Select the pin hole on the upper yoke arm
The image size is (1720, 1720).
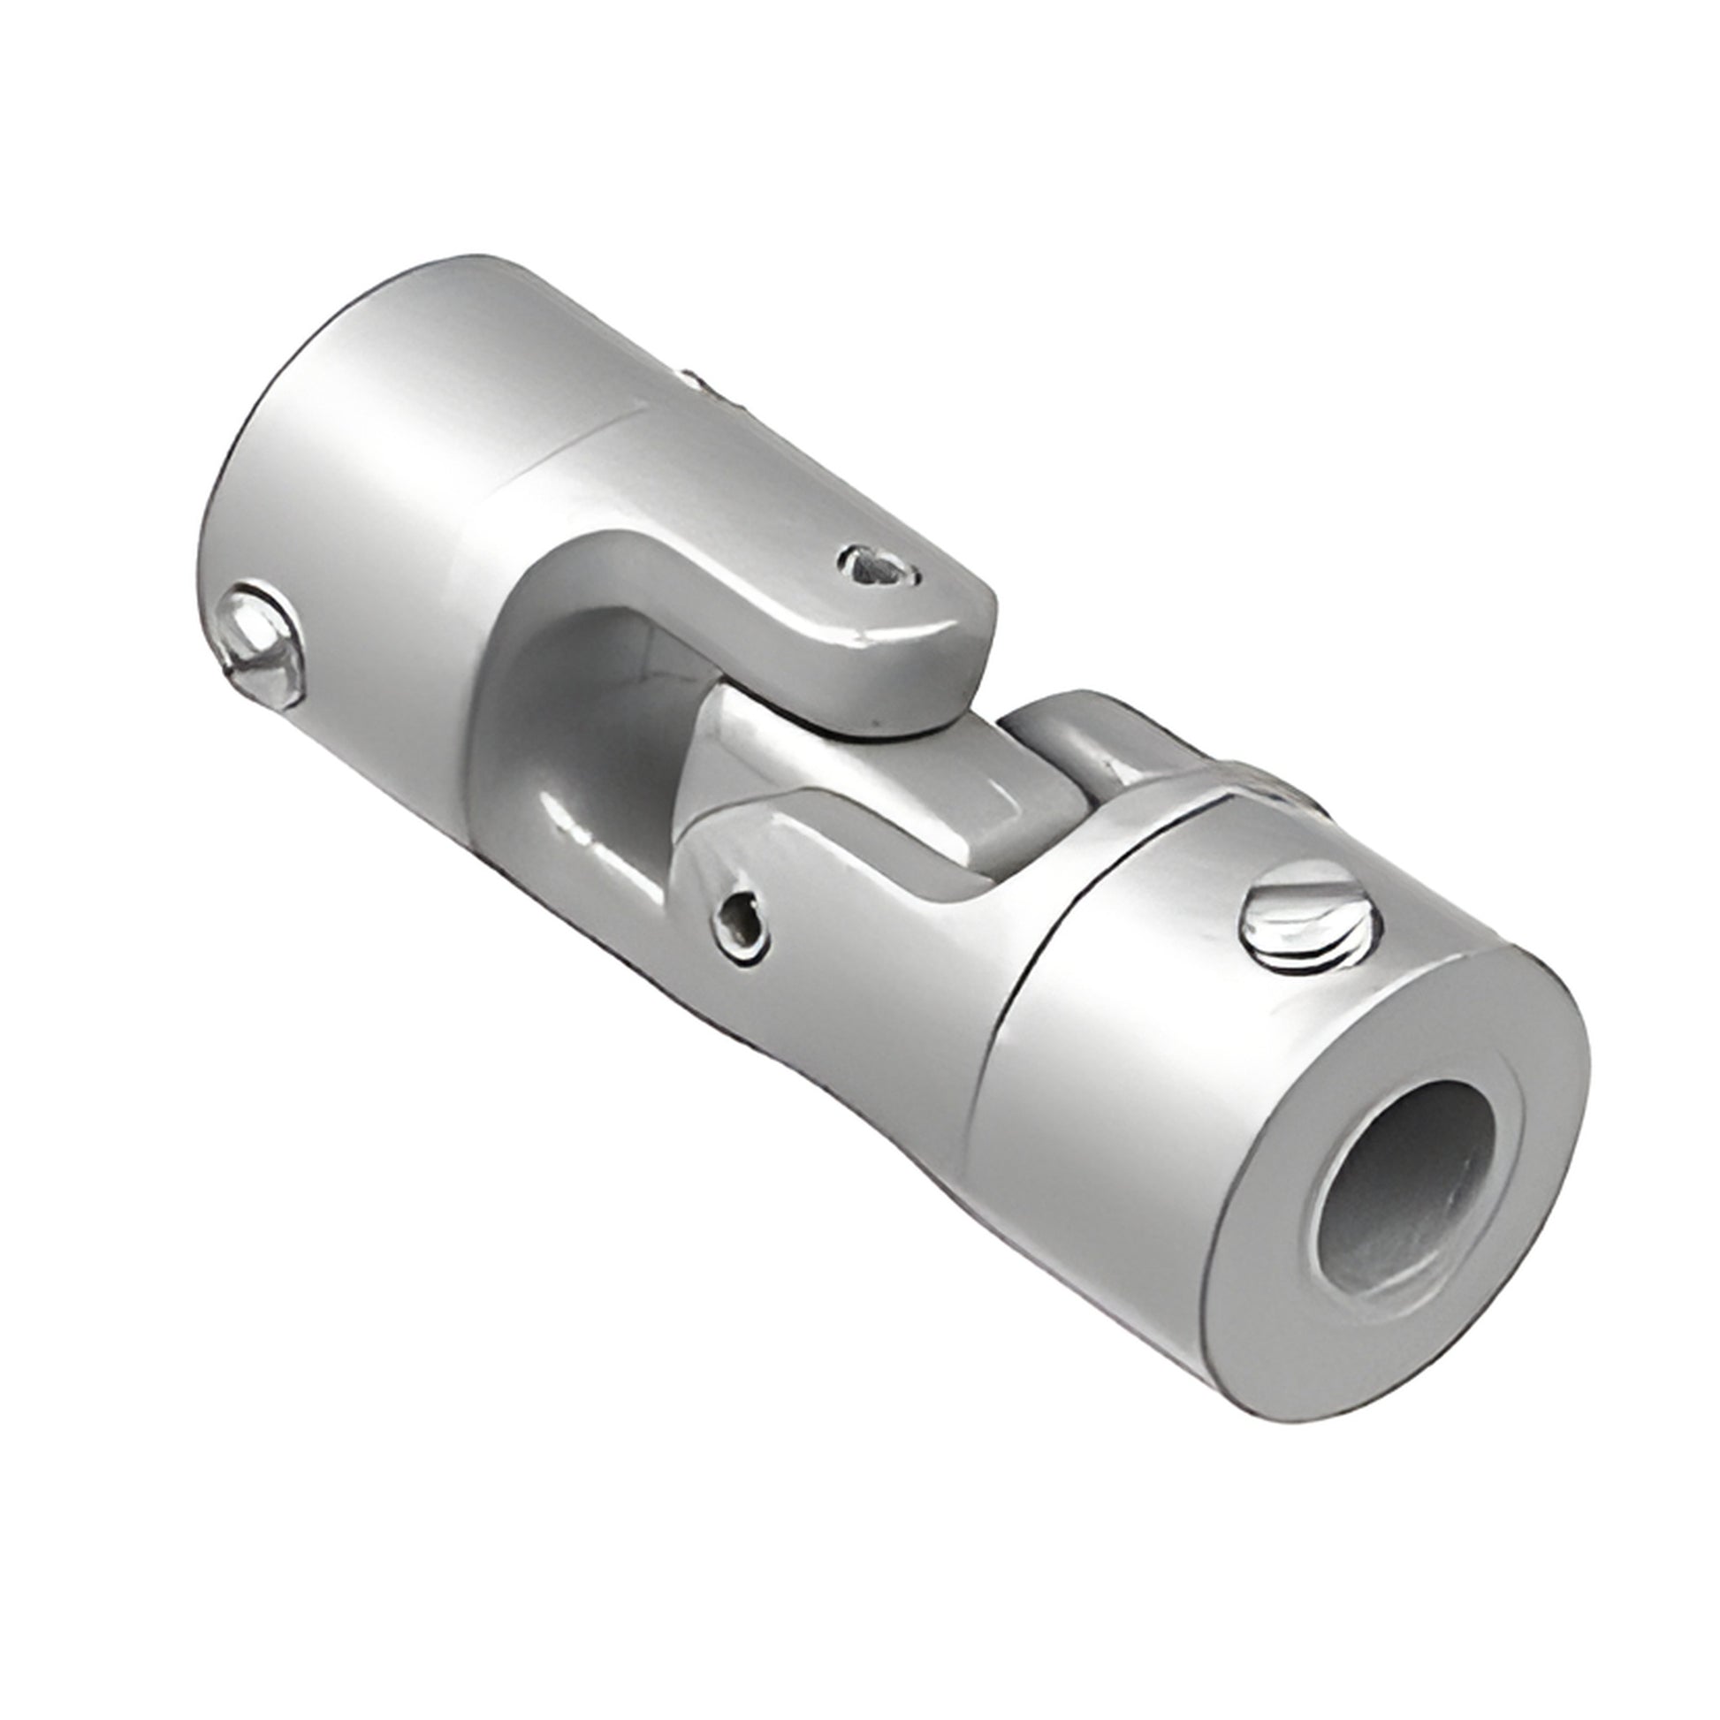coord(878,565)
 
